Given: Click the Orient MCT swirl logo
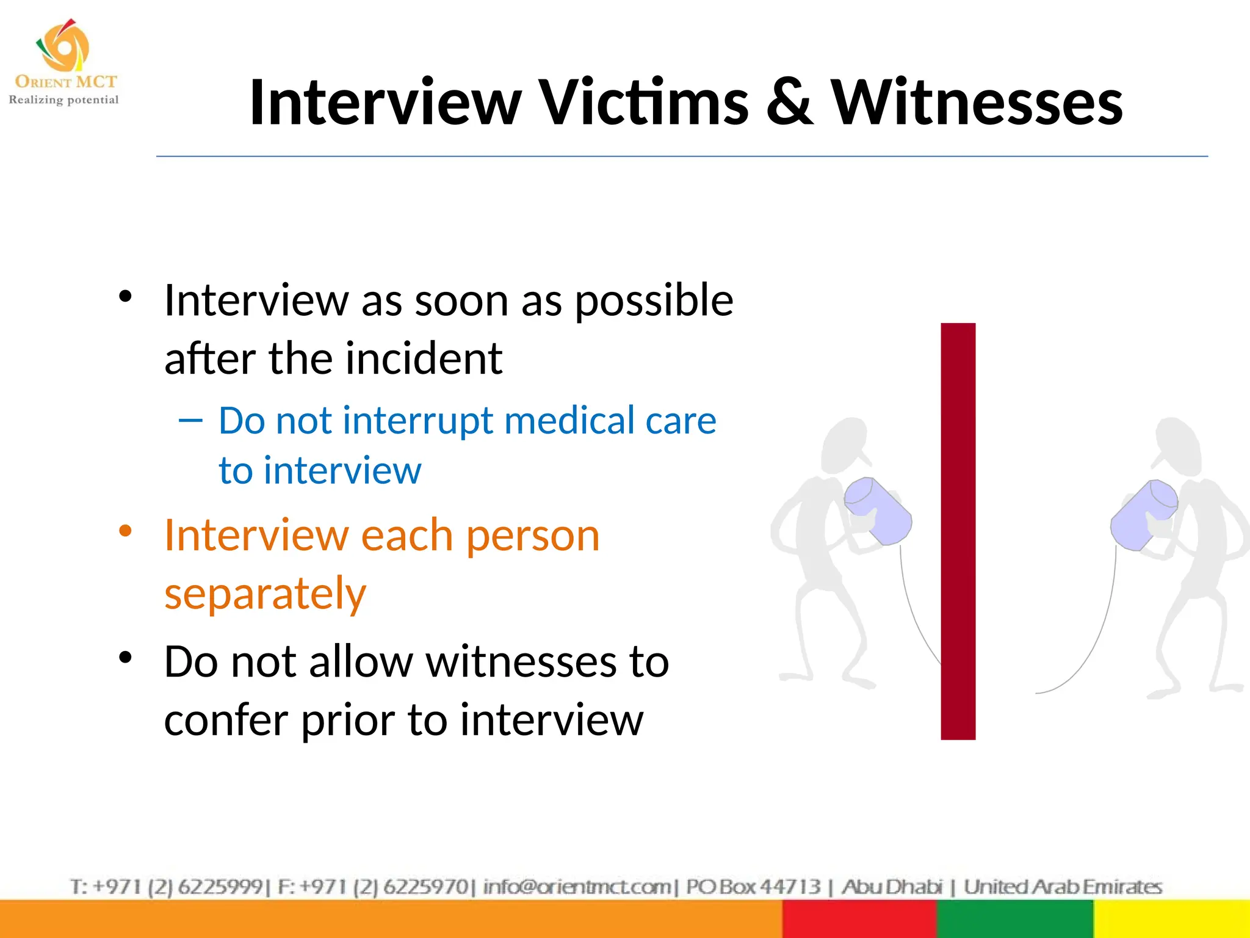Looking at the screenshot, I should tap(63, 45).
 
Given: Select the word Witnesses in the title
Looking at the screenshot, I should tap(977, 103).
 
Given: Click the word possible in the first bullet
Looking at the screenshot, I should tap(654, 301).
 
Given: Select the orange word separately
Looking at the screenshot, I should tap(266, 593).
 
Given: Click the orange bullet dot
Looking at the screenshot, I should tap(126, 531).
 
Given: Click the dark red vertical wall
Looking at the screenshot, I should tap(958, 531).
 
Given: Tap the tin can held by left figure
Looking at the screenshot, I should tap(878, 511).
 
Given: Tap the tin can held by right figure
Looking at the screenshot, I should tap(1143, 514).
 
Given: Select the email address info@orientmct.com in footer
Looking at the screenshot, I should tap(577, 886).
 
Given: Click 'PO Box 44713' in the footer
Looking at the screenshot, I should tap(753, 886).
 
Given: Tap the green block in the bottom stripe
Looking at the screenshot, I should tap(1014, 919).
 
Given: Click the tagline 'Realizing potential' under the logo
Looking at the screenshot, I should tap(63, 100).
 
